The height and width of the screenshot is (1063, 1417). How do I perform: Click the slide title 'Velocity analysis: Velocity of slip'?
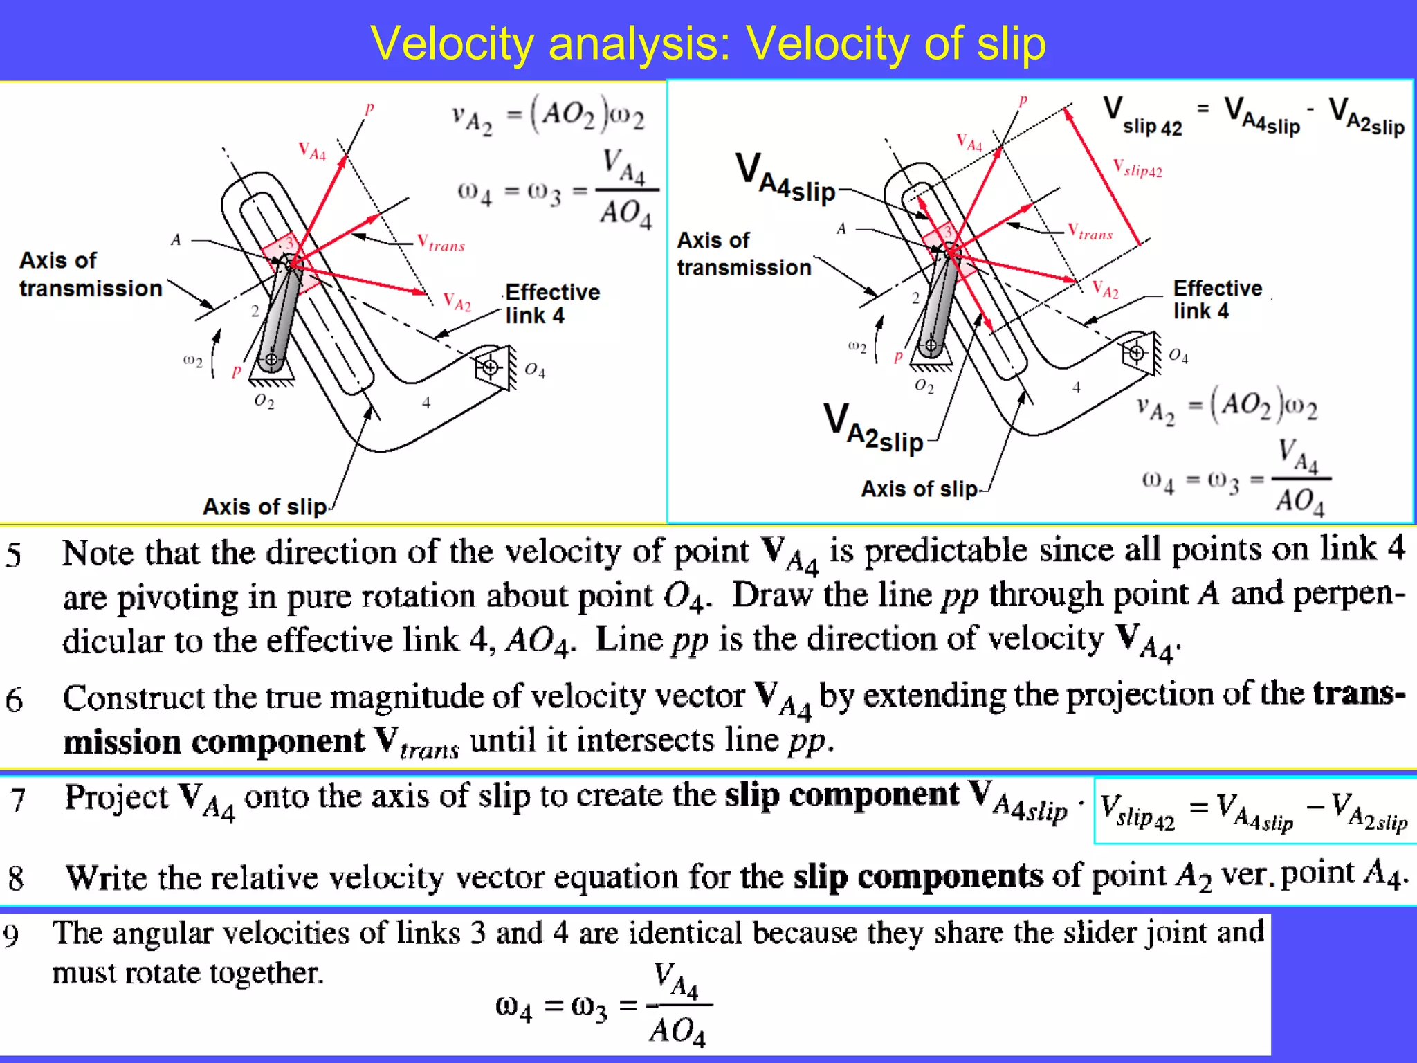click(x=708, y=44)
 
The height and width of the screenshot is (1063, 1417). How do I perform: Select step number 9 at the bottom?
click(x=11, y=935)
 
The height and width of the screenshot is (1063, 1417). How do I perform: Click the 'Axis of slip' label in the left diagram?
click(x=264, y=507)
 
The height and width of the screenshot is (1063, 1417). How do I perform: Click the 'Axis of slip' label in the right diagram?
click(x=919, y=489)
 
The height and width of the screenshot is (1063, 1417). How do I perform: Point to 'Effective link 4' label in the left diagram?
click(x=551, y=303)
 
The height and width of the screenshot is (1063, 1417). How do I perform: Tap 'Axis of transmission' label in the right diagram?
click(x=744, y=254)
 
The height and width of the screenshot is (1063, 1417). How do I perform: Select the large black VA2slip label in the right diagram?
click(x=873, y=428)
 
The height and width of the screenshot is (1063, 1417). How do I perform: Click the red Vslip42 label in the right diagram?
click(x=1137, y=168)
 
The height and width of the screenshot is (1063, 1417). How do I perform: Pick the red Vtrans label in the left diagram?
click(x=441, y=243)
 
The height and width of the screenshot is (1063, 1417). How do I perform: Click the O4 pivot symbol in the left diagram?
click(x=491, y=367)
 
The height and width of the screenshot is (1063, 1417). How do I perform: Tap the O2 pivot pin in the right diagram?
click(x=931, y=345)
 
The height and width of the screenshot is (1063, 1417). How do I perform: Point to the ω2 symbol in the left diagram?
click(x=192, y=361)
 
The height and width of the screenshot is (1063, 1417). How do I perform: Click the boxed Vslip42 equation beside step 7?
click(x=1254, y=811)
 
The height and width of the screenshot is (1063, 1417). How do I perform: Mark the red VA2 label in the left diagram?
click(x=457, y=302)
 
